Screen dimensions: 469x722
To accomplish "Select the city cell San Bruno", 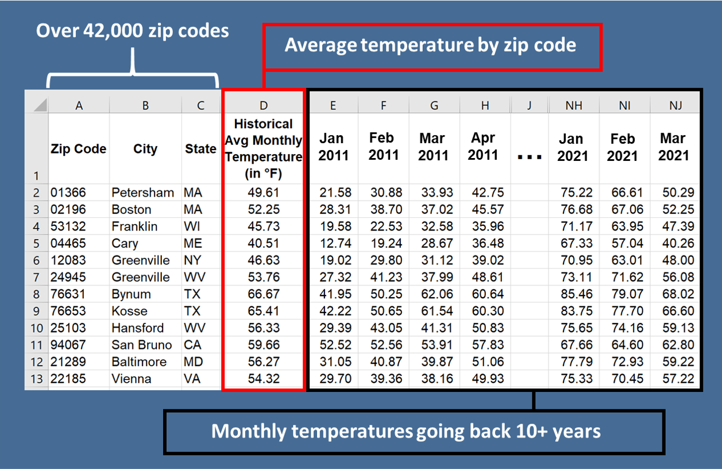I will coord(141,345).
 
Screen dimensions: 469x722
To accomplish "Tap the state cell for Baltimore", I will coord(193,362).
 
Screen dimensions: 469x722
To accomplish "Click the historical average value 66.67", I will coord(263,294).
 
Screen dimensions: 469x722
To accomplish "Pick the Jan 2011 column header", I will coord(333,147).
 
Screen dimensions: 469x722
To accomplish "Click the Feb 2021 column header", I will coord(623,147).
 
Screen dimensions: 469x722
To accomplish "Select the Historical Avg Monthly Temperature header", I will coord(263,148).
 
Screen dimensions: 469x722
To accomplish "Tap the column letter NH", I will coord(573,105).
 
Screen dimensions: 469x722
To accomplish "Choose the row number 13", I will coord(36,379).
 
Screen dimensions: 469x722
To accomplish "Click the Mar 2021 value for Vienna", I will coord(677,379).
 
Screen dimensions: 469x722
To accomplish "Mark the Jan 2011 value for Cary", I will coord(333,243).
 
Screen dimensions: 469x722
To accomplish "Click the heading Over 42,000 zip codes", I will coord(133,30).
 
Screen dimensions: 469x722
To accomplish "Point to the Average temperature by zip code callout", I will coord(431,45).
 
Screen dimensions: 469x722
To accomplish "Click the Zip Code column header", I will coord(78,149).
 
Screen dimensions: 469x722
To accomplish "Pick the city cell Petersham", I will coord(142,193).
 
